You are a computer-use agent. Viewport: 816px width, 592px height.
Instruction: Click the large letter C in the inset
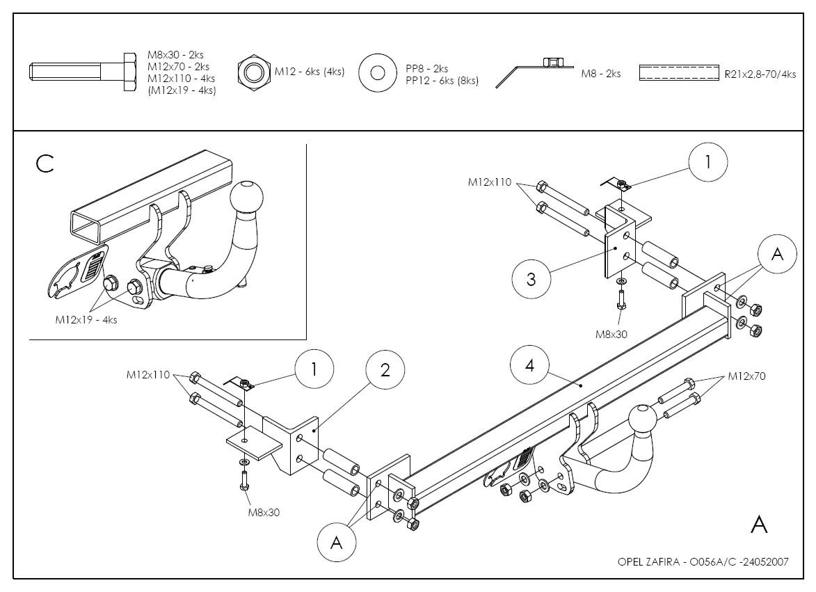click(45, 164)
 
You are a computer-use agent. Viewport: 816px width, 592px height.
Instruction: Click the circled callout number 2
click(385, 370)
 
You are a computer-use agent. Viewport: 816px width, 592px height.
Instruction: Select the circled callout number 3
click(531, 279)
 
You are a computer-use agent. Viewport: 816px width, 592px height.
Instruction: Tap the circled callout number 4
click(530, 365)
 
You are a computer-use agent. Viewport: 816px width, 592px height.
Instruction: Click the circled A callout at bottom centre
click(337, 543)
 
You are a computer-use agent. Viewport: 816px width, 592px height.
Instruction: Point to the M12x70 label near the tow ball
click(747, 376)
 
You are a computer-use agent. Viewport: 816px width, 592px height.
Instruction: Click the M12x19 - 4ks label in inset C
click(86, 319)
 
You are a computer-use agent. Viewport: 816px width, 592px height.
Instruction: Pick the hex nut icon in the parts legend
click(253, 72)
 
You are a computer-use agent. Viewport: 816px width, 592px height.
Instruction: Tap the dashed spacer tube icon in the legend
click(679, 73)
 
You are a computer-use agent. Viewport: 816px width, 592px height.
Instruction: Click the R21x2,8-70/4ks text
click(760, 74)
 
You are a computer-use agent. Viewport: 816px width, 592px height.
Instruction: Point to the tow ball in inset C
click(246, 199)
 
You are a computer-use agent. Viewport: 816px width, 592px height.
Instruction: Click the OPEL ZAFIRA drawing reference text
click(703, 562)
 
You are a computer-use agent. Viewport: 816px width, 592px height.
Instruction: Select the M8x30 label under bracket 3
click(611, 334)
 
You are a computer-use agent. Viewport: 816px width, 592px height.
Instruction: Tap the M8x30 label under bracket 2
click(264, 513)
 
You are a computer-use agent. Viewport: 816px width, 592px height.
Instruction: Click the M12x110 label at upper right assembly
click(490, 182)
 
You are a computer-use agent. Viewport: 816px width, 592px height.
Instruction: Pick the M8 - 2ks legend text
click(600, 74)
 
